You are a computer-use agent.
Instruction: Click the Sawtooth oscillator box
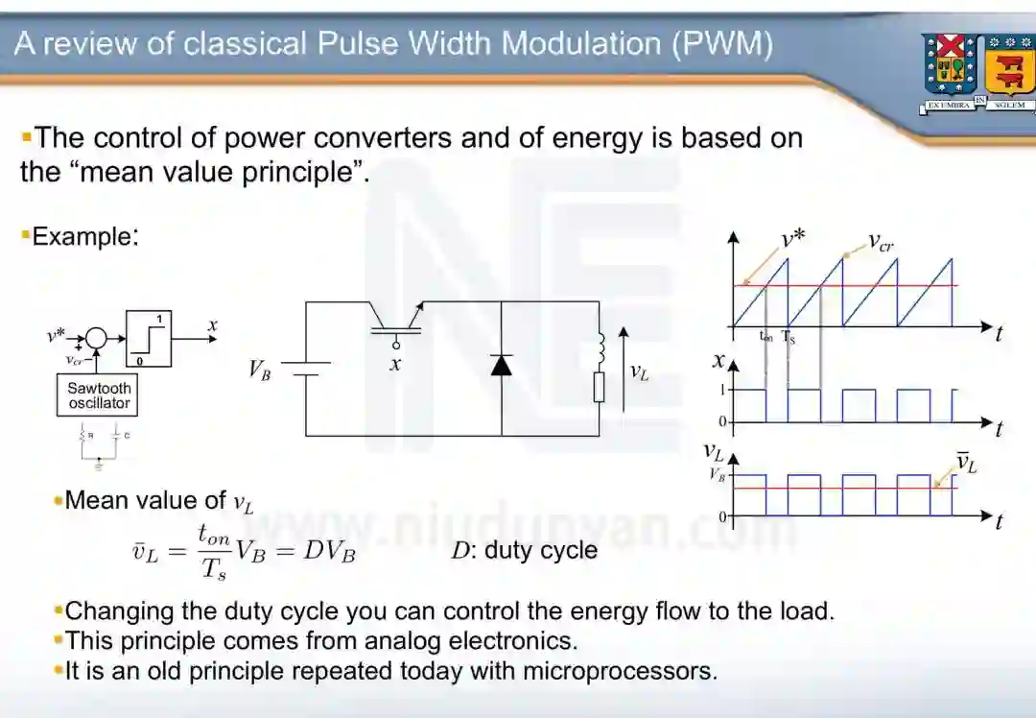coord(99,395)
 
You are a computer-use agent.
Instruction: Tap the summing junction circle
coord(95,337)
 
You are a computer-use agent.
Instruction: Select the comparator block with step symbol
coord(149,339)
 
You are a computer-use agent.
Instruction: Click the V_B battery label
coord(260,370)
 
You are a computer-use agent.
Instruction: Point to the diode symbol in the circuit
coord(501,365)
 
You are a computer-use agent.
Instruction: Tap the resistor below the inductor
coord(600,387)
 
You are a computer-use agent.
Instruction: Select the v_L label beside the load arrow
coord(639,371)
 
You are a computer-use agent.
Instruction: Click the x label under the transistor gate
coord(395,365)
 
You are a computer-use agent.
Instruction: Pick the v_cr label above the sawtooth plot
coord(881,241)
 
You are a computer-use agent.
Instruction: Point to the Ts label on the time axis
coord(789,337)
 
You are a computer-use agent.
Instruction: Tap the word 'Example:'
coord(84,236)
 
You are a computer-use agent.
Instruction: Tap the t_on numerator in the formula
coord(214,534)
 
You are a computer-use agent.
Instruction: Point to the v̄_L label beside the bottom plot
coord(966,462)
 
